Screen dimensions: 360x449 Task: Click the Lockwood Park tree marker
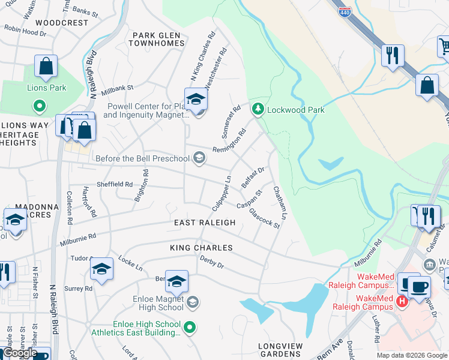tap(258, 109)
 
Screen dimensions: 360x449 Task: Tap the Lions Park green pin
tap(40, 107)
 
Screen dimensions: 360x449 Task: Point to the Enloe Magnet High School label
tap(158, 302)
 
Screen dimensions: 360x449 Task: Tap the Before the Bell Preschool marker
tap(199, 158)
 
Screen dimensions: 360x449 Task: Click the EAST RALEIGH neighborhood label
tap(205, 223)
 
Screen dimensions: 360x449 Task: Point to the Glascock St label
tap(264, 218)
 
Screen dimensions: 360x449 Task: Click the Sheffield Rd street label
tap(114, 184)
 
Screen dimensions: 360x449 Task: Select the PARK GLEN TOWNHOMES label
tap(158, 40)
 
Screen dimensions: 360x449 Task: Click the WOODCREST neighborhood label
tap(62, 23)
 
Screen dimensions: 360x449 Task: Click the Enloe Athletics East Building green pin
tap(190, 327)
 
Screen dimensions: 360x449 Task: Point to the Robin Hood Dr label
tap(25, 31)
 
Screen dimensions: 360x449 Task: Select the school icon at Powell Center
tap(196, 100)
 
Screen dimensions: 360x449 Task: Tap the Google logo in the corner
tap(20, 353)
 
